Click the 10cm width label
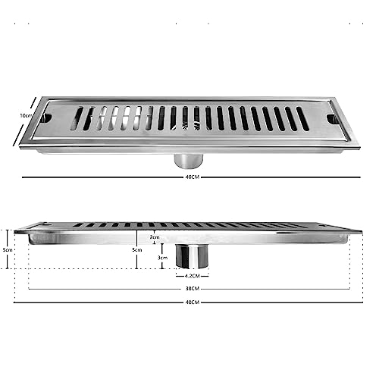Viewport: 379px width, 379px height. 25,115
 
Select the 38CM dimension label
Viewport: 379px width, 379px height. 193,289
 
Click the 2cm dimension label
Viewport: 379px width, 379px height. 155,237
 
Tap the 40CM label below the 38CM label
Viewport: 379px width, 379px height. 193,303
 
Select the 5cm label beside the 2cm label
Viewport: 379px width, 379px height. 136,249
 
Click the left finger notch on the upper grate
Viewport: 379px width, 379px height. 46,118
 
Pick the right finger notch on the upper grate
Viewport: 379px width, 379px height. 332,119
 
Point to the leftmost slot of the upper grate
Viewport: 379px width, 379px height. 78,118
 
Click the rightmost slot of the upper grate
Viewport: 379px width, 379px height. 302,118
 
